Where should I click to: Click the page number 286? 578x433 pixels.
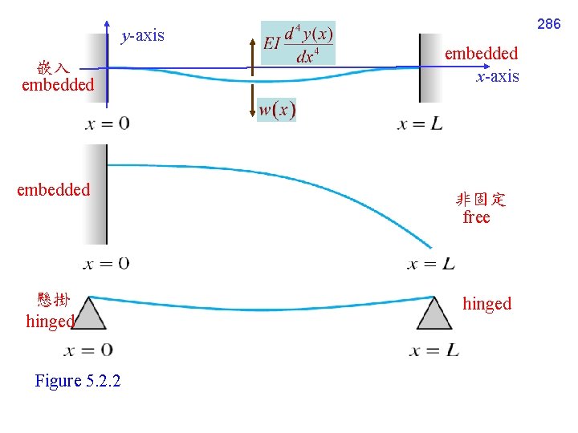tap(548, 24)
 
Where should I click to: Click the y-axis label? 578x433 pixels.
tap(142, 35)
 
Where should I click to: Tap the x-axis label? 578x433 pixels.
tap(498, 76)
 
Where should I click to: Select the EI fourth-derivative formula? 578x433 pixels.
tap(298, 43)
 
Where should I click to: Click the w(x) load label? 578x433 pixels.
tap(277, 110)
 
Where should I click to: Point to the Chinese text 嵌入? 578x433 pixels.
tap(53, 67)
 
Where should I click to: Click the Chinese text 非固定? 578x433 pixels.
tap(481, 200)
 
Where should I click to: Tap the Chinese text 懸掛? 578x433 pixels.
tap(54, 301)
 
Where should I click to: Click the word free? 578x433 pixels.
tap(476, 217)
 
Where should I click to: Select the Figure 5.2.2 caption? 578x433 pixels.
tap(78, 381)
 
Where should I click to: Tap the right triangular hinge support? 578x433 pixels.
tap(435, 314)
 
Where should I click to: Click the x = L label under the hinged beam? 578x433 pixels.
tap(434, 350)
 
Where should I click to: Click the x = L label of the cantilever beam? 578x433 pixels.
tap(430, 264)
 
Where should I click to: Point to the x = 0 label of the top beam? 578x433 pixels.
tap(107, 124)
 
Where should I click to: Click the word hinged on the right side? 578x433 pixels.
tap(486, 303)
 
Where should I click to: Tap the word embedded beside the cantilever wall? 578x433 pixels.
tap(54, 190)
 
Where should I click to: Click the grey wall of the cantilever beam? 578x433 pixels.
tap(96, 195)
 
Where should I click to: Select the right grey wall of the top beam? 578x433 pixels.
tap(430, 68)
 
